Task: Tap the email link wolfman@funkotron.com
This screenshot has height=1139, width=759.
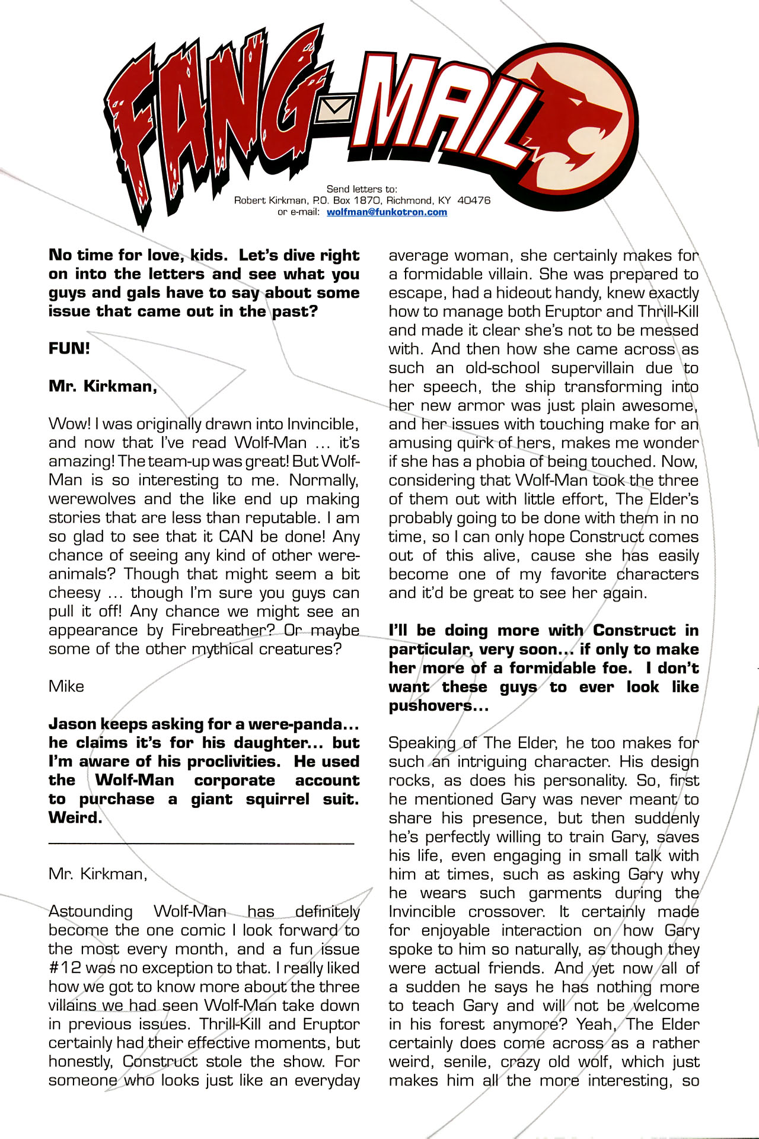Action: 387,212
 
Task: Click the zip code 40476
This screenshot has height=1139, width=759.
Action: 474,201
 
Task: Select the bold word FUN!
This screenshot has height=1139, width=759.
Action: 69,348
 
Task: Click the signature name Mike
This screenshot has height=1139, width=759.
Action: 66,686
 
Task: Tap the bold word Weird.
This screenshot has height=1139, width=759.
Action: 75,817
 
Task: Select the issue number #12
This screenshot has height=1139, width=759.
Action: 65,968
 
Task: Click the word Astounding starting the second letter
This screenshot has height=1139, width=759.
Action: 91,911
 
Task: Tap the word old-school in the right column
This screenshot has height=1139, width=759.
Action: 503,368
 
